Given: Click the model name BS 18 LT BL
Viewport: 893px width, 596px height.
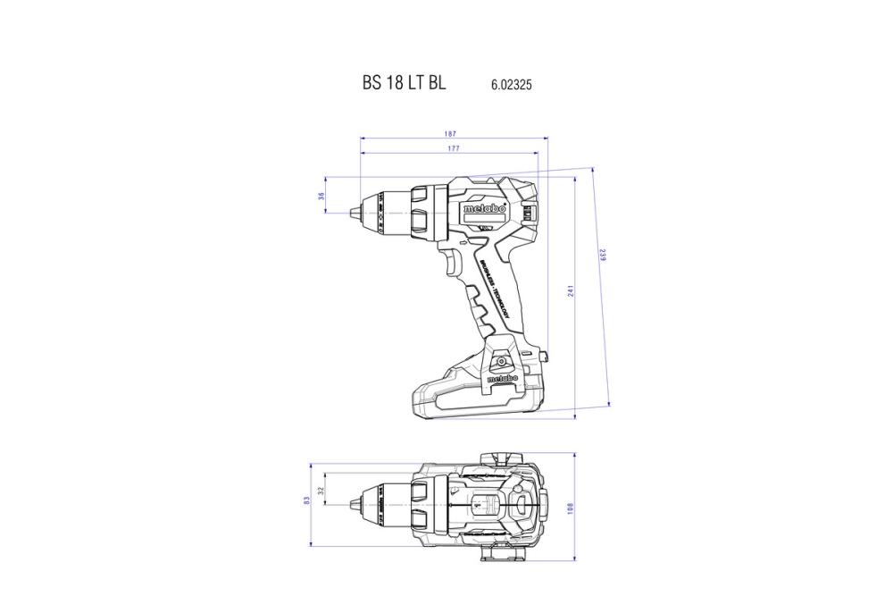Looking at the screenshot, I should [x=404, y=83].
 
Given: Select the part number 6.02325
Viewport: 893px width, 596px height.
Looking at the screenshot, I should [x=512, y=86].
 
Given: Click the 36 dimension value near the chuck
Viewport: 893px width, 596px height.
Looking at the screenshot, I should [x=321, y=196].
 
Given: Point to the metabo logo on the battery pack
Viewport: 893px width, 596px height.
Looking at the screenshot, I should [x=502, y=378].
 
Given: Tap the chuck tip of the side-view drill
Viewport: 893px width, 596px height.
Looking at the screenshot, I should [x=355, y=212].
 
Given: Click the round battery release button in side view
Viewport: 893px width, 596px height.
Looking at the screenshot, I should [x=501, y=361].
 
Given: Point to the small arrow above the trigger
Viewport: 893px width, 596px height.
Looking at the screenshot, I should [x=462, y=241].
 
